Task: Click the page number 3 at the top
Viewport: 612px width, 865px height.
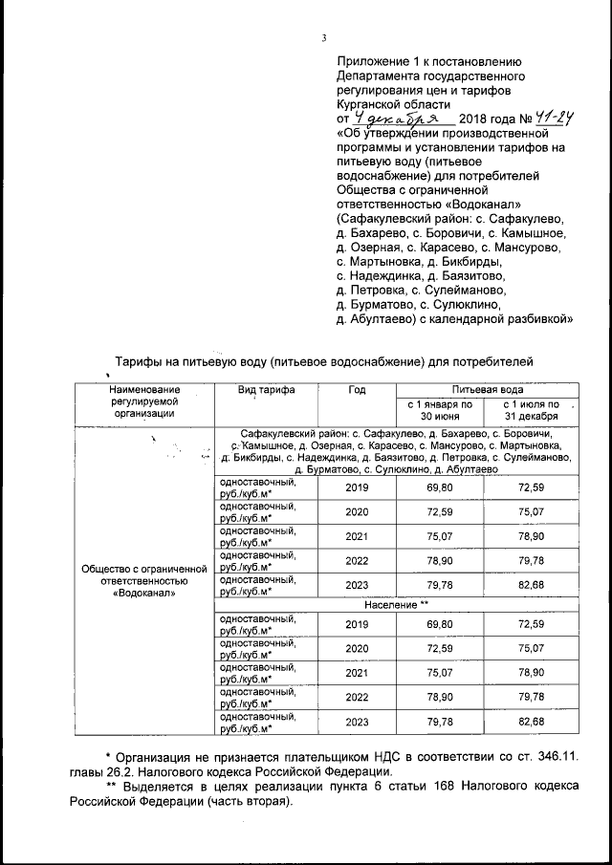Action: click(x=324, y=38)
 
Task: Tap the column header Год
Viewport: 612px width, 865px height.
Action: click(x=357, y=391)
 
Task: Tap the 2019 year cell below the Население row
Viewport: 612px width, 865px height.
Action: click(x=357, y=623)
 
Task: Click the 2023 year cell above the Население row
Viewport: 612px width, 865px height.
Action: click(x=357, y=586)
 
